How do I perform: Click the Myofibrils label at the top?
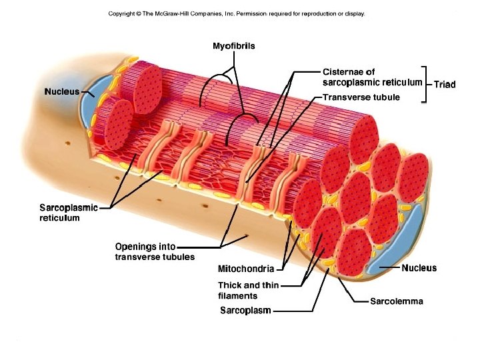point(233,46)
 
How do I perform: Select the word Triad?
point(445,85)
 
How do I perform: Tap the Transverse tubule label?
point(361,97)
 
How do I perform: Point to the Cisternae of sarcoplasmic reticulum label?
point(372,77)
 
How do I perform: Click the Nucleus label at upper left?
point(61,91)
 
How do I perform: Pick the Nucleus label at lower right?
point(419,268)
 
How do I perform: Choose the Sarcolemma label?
point(396,301)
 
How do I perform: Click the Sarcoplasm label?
point(245,311)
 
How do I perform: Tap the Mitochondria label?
point(245,269)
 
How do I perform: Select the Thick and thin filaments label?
point(248,291)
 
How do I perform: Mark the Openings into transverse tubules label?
point(155,252)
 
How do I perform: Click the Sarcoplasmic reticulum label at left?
point(69,213)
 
